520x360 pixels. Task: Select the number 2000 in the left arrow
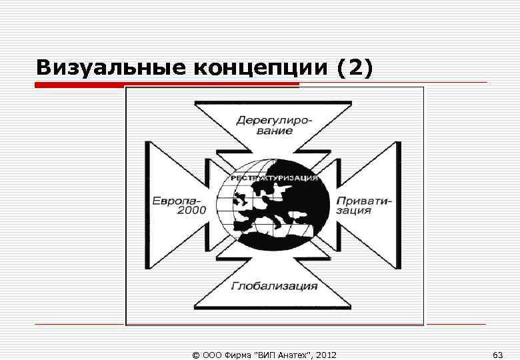[x=191, y=211]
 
